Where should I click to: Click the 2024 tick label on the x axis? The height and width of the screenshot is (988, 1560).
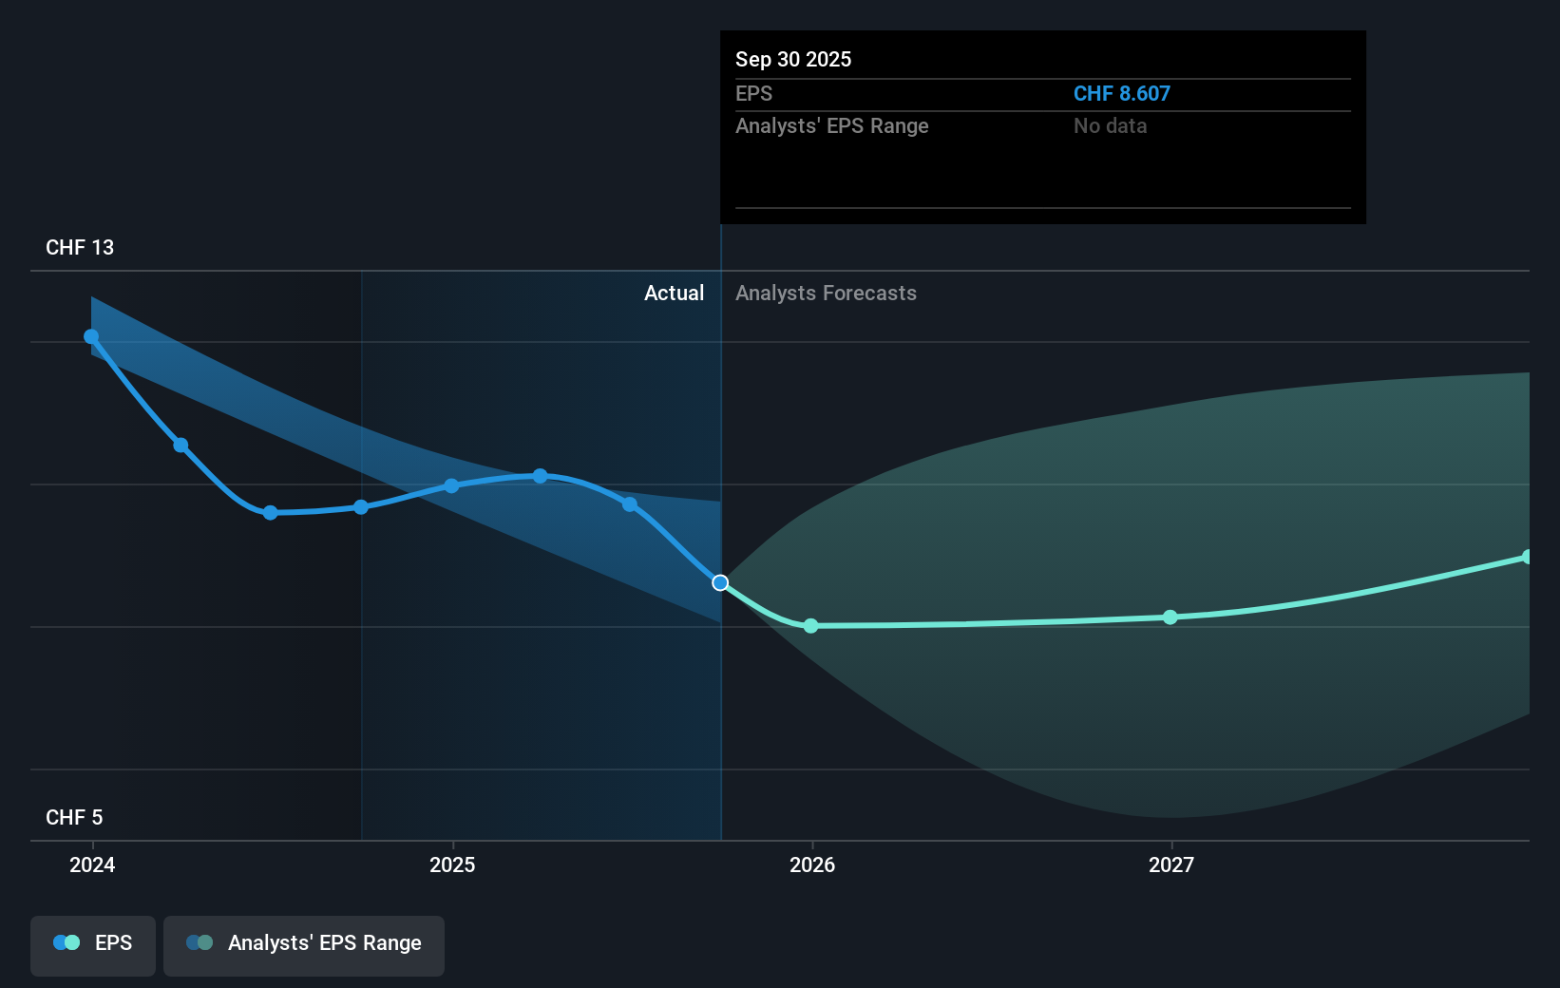pyautogui.click(x=92, y=864)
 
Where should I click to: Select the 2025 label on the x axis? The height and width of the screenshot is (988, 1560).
pyautogui.click(x=452, y=864)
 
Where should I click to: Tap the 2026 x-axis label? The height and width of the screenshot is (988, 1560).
pyautogui.click(x=812, y=864)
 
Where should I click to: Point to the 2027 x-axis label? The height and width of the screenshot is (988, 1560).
pyautogui.click(x=1171, y=864)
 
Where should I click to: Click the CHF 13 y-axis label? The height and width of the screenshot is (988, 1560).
pyautogui.click(x=80, y=248)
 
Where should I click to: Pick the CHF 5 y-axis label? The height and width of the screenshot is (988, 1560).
pyautogui.click(x=74, y=818)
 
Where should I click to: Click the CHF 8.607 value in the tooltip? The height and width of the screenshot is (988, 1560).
pyautogui.click(x=1121, y=94)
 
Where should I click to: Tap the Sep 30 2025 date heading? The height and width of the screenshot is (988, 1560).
pyautogui.click(x=793, y=60)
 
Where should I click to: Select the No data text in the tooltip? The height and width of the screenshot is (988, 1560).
pyautogui.click(x=1110, y=126)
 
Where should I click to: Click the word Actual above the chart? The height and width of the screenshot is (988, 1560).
pyautogui.click(x=674, y=294)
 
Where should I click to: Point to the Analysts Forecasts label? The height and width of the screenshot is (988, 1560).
pyautogui.click(x=826, y=294)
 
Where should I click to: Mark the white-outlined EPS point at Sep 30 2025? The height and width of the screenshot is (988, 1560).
pyautogui.click(x=720, y=582)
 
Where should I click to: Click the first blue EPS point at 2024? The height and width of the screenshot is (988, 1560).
pyautogui.click(x=91, y=336)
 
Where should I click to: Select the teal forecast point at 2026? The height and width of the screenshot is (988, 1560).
pyautogui.click(x=810, y=626)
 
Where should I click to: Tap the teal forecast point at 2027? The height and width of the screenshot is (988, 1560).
pyautogui.click(x=1170, y=617)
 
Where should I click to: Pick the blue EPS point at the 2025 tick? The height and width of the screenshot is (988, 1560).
pyautogui.click(x=451, y=485)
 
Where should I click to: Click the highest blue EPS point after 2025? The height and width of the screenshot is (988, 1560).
pyautogui.click(x=540, y=476)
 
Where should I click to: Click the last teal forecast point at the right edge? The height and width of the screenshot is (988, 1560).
pyautogui.click(x=1527, y=557)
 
